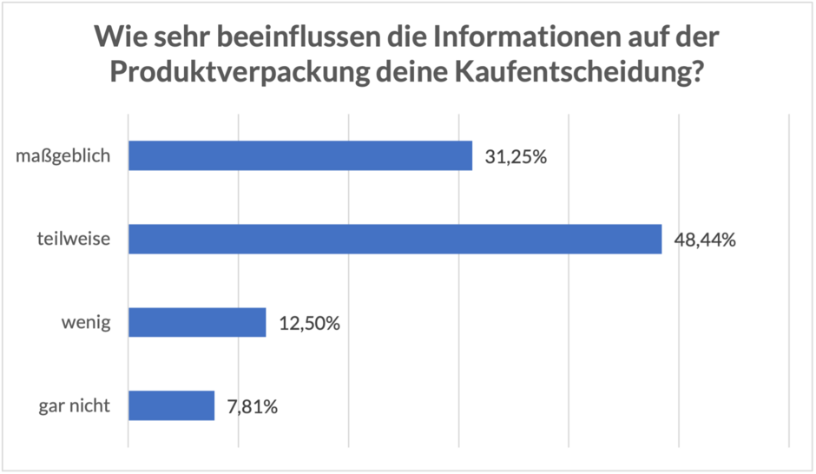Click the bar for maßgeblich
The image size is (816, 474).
(x=300, y=156)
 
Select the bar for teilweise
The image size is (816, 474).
(x=395, y=239)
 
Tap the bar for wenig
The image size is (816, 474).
(x=197, y=322)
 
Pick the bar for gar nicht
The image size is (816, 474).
(x=171, y=405)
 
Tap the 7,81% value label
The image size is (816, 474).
(x=253, y=406)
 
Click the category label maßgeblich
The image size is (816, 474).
(x=63, y=157)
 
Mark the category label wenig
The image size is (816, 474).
(x=85, y=323)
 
